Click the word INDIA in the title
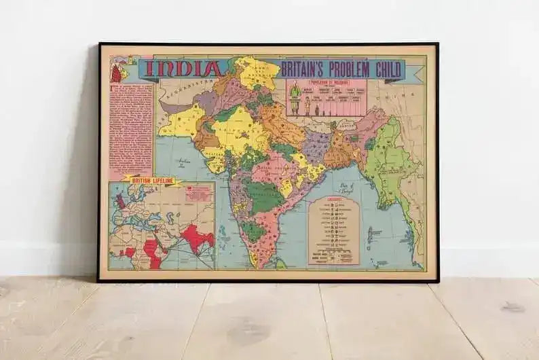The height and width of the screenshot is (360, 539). click(x=183, y=69)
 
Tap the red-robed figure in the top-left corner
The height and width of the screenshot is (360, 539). click(x=116, y=72)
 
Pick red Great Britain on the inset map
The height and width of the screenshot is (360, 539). click(x=121, y=202)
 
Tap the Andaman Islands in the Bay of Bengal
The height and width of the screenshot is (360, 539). click(x=370, y=234)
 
